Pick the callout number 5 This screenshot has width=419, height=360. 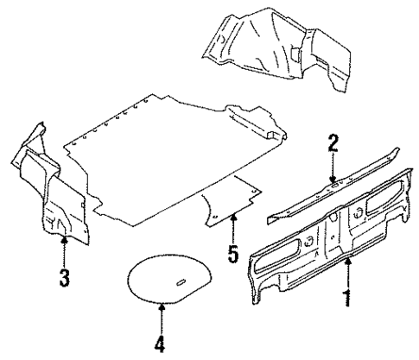point(232,256)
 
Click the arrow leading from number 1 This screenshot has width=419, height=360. point(347,275)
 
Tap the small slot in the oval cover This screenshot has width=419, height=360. point(184,282)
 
